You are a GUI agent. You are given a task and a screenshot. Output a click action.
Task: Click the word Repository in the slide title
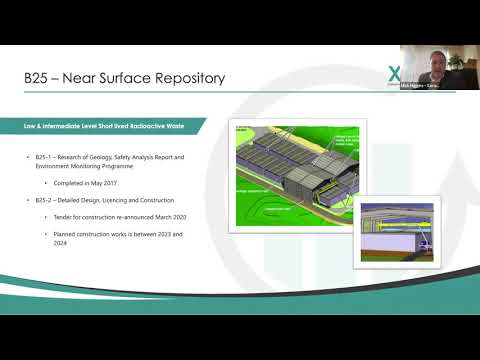click(x=183, y=77)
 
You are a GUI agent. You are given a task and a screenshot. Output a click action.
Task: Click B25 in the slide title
click(x=41, y=77)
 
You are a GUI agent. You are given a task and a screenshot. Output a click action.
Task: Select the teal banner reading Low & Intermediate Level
click(x=114, y=126)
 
